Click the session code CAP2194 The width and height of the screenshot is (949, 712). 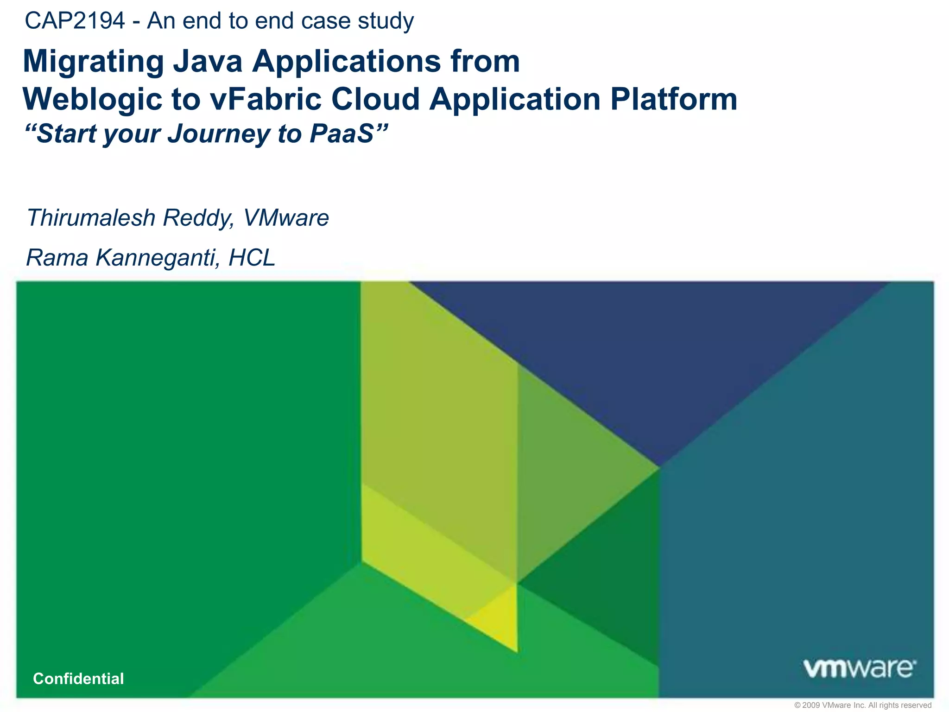(x=75, y=21)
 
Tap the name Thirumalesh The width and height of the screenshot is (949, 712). (x=90, y=217)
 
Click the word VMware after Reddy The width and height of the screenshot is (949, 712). (x=286, y=217)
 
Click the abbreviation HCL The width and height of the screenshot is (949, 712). (x=252, y=257)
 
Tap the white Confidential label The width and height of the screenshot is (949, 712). (x=78, y=679)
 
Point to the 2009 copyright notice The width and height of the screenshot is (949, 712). (x=862, y=705)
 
